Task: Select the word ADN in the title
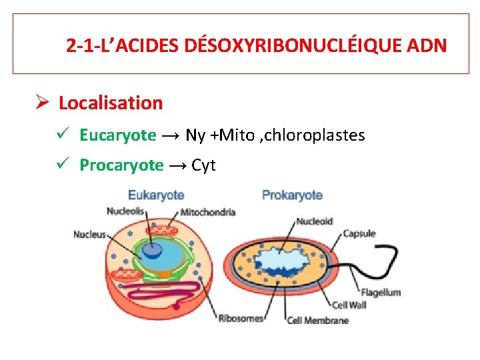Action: point(424,46)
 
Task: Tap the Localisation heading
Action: point(111,103)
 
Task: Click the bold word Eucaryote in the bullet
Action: point(117,135)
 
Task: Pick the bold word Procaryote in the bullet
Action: point(121,165)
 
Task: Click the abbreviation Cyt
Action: point(203,165)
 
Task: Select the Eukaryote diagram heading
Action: point(155,195)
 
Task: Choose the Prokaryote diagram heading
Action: point(292,195)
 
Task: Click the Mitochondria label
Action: point(208,213)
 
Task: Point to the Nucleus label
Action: point(89,235)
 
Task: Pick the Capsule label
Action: point(359,233)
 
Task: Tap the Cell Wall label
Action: point(349,305)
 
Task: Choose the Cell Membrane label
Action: point(318,320)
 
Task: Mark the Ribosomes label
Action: point(240,319)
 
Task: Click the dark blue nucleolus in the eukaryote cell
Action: point(153,249)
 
